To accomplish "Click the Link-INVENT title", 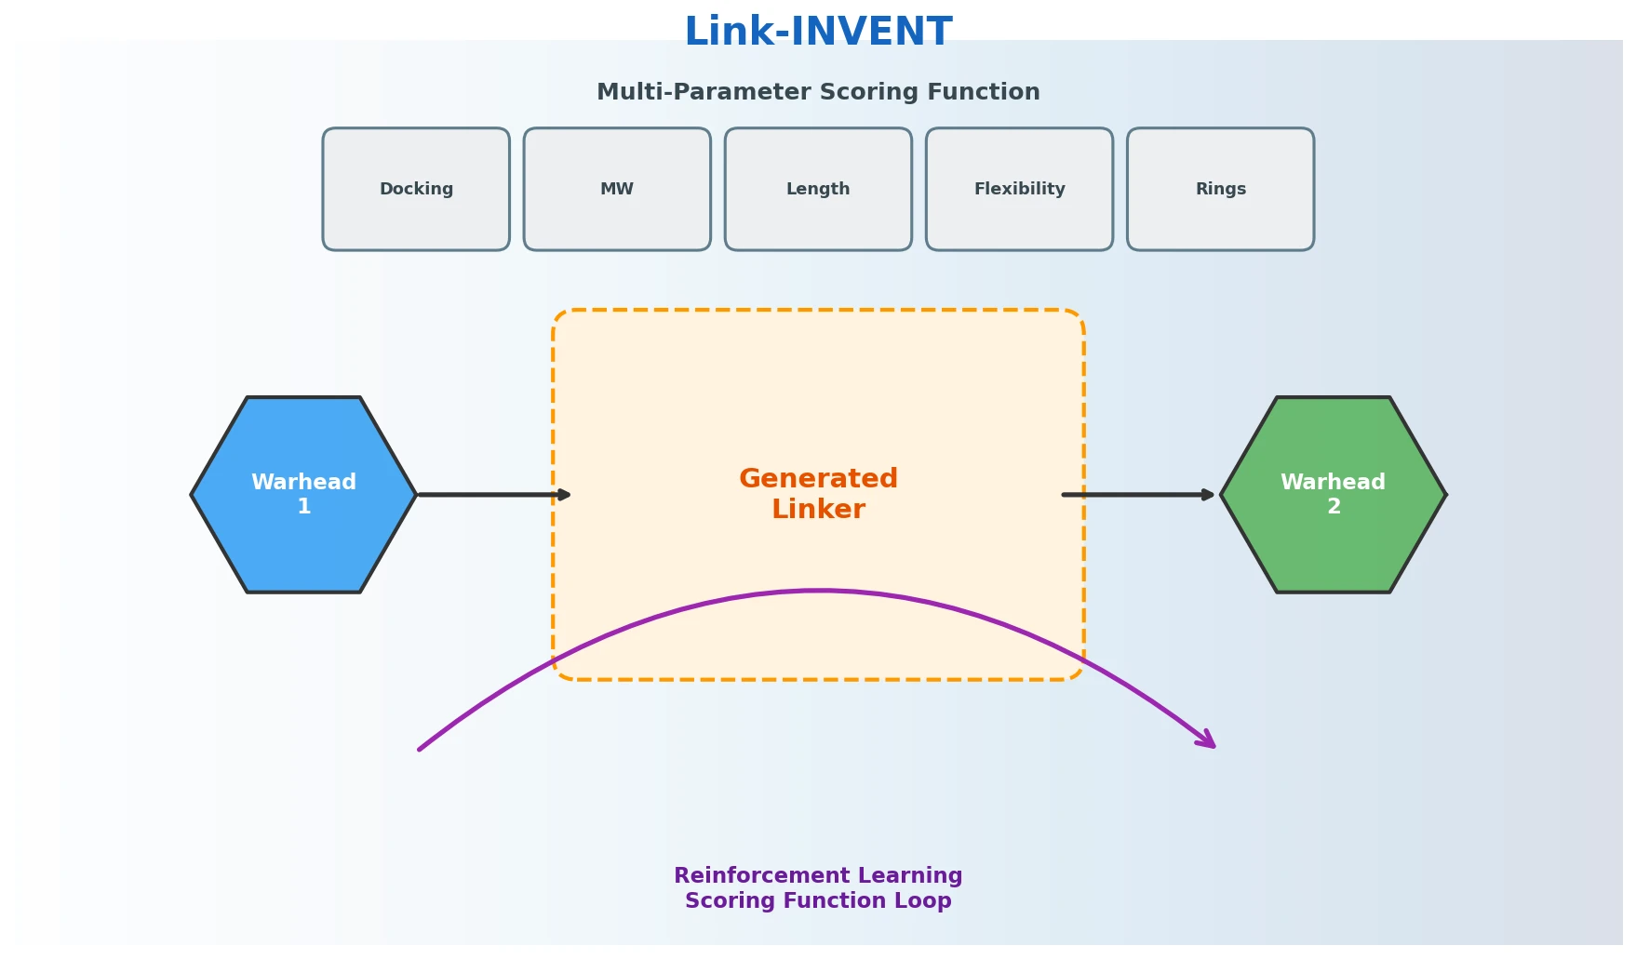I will [x=818, y=33].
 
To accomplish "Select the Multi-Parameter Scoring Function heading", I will [x=818, y=92].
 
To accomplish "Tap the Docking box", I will [x=416, y=189].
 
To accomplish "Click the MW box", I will [x=617, y=189].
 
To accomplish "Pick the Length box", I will [x=818, y=189].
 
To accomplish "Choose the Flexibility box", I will [x=1019, y=189].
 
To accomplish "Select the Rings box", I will [x=1220, y=189].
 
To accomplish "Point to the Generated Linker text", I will [x=818, y=494].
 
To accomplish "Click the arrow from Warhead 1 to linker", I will [x=493, y=495].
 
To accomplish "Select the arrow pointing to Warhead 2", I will [x=1137, y=495].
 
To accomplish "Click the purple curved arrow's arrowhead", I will [x=1208, y=740].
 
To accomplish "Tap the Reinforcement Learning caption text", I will [x=818, y=875].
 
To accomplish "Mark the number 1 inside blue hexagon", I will [x=303, y=507].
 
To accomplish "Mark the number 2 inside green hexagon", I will [x=1334, y=507].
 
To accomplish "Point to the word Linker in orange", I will [x=818, y=510].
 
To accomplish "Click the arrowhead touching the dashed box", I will [x=564, y=495].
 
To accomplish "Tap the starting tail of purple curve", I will [x=422, y=748].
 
